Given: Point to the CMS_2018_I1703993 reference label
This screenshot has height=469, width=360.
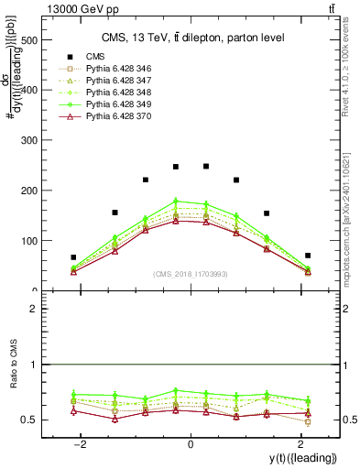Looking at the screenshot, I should tap(191, 274).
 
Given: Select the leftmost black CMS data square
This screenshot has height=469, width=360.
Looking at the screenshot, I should tap(73, 257).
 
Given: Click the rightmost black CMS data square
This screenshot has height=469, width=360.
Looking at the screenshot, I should tap(308, 256).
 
